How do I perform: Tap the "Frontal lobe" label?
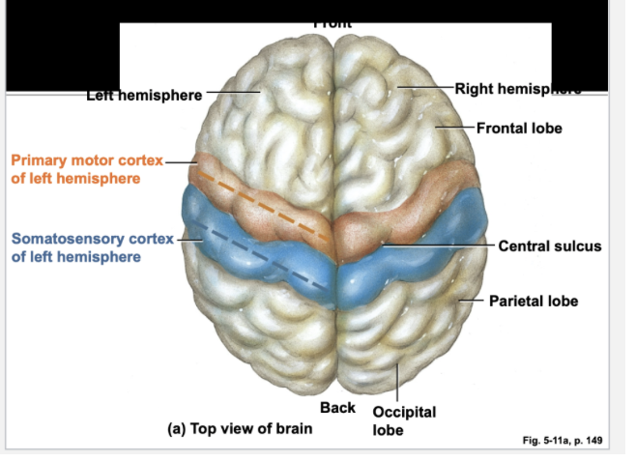519,129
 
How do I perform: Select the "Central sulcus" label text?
549,245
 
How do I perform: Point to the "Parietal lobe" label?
533,301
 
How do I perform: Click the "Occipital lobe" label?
403,420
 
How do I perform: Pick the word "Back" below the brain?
337,408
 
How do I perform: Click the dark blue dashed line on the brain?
261,266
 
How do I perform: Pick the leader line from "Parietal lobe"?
471,301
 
